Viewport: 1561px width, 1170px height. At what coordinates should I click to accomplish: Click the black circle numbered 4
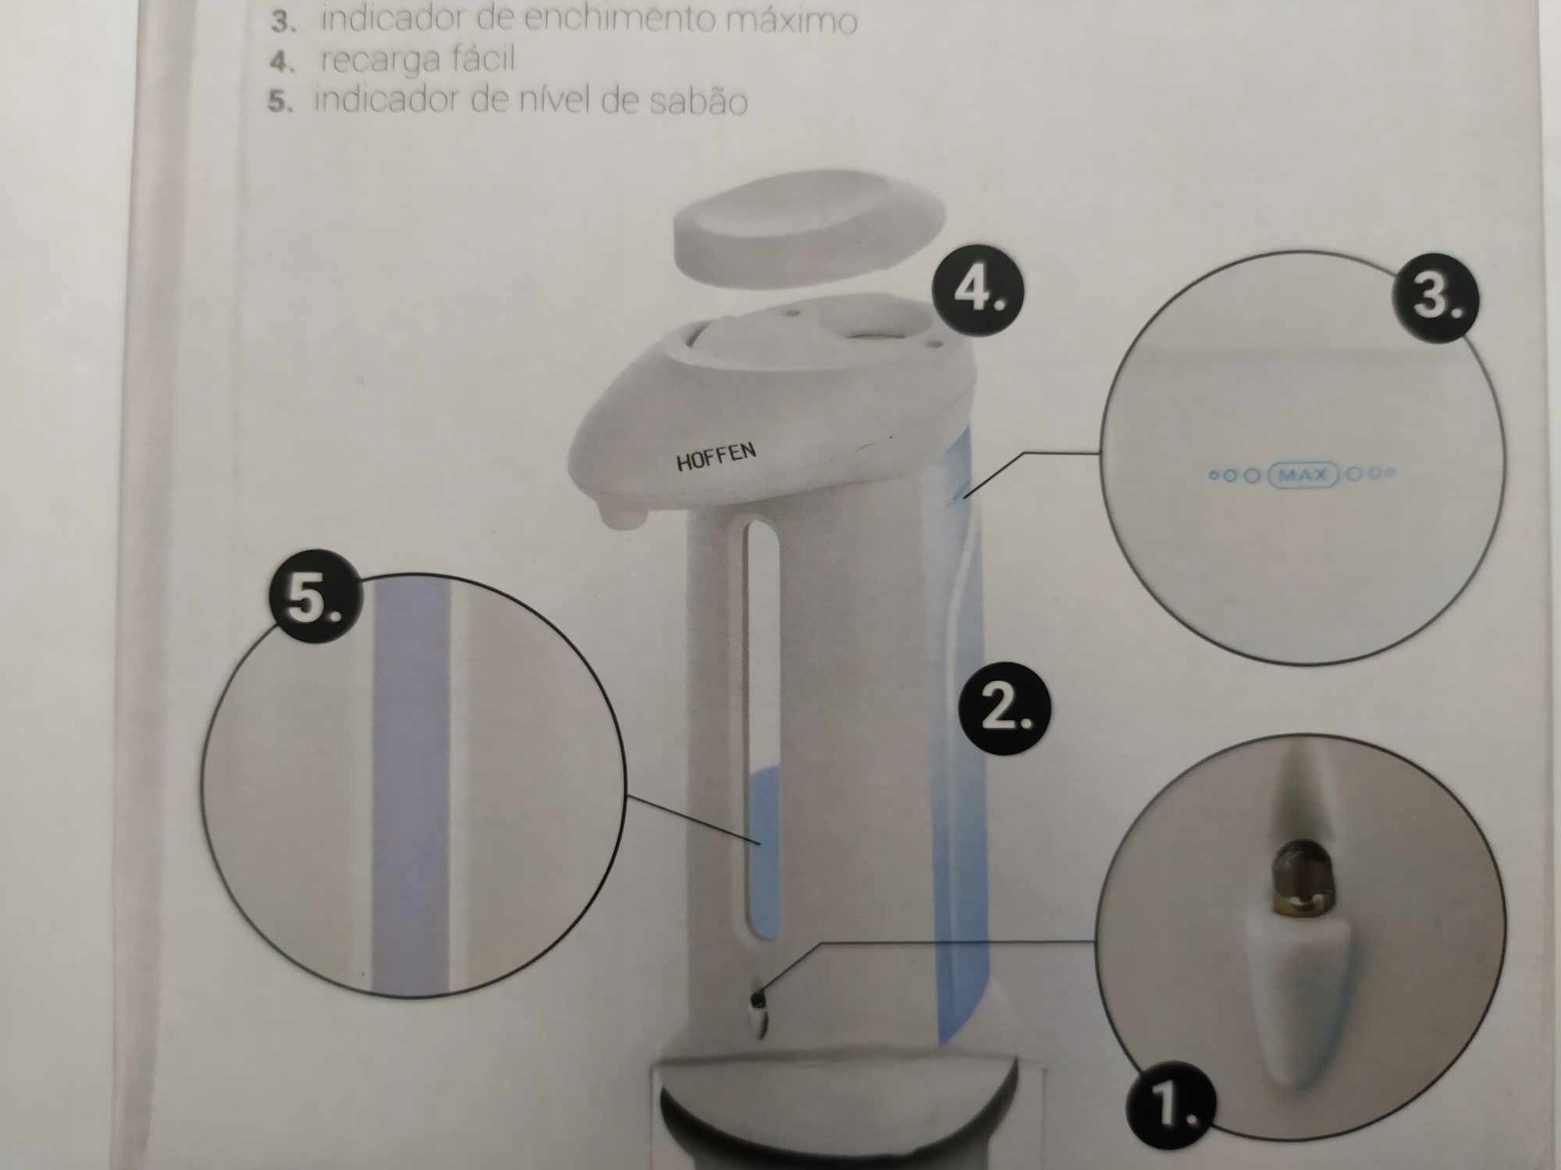coord(977,293)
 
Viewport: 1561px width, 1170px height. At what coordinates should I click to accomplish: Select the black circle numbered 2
coord(1005,708)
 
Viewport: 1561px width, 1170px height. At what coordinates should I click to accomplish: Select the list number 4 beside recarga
coord(279,62)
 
